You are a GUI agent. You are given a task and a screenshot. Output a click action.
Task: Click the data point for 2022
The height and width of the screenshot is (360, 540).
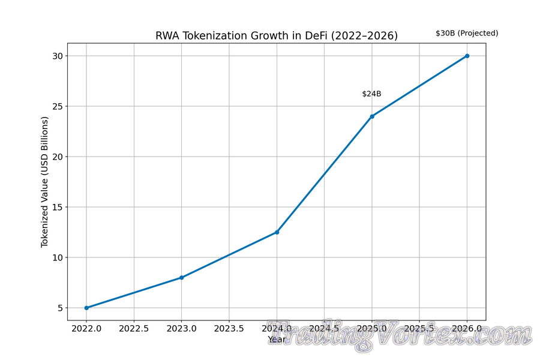[x=86, y=308]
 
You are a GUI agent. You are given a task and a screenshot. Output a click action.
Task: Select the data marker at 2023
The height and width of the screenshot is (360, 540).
[x=181, y=277]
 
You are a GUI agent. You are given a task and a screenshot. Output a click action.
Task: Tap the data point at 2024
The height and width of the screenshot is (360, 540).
[x=277, y=232]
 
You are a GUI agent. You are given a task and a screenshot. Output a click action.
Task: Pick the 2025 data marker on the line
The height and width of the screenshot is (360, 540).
[x=372, y=116]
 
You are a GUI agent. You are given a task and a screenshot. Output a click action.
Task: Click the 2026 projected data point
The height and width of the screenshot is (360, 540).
[x=467, y=56]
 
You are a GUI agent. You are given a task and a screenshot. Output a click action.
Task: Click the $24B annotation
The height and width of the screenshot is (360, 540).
[x=371, y=94]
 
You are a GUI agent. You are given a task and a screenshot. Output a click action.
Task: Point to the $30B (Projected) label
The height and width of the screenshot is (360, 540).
[x=467, y=33]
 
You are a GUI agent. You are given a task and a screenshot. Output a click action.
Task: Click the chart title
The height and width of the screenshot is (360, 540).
[x=277, y=36]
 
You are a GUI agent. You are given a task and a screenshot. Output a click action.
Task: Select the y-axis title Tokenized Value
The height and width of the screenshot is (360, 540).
[x=44, y=182]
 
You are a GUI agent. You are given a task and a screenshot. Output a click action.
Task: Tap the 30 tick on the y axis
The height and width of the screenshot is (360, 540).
[x=56, y=56]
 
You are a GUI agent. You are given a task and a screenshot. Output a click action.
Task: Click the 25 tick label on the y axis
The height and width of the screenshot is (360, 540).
[x=56, y=106]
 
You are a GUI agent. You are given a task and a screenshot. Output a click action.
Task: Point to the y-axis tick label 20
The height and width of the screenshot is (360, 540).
[x=56, y=157]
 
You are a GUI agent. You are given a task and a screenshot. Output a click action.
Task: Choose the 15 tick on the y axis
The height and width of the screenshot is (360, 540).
[x=56, y=207]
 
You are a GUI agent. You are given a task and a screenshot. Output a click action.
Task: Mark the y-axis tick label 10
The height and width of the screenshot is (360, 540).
[x=56, y=257]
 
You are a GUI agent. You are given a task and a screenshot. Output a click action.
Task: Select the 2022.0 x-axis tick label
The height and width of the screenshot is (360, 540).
[x=86, y=329]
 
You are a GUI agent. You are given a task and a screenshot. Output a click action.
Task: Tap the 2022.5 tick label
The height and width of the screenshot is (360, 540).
[x=134, y=329]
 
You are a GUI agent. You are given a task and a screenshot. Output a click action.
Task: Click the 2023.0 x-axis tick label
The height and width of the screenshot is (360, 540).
[x=181, y=329]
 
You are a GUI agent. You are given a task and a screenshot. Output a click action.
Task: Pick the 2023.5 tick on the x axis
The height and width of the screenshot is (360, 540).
[x=229, y=329]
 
